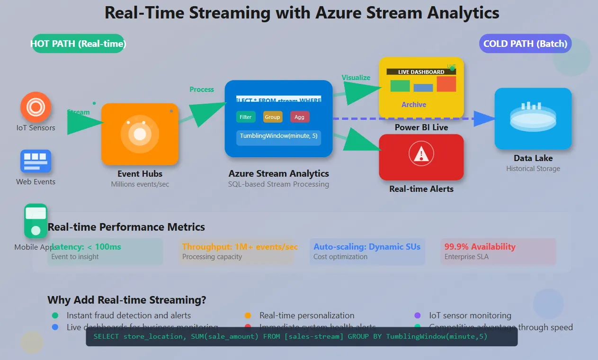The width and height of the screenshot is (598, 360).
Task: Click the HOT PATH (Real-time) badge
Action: pyautogui.click(x=78, y=44)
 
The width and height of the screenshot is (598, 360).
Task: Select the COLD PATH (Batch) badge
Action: pyautogui.click(x=525, y=44)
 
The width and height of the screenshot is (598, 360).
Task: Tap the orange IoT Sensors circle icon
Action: pyautogui.click(x=36, y=107)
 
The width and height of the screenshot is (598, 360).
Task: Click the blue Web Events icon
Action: pyautogui.click(x=36, y=161)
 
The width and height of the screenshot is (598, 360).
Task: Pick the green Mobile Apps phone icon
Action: pyautogui.click(x=36, y=221)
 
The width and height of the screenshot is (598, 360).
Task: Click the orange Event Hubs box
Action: pyautogui.click(x=140, y=134)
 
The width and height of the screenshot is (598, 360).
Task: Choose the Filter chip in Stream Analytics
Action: pyautogui.click(x=246, y=117)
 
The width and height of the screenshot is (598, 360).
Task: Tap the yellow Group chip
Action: pyautogui.click(x=273, y=117)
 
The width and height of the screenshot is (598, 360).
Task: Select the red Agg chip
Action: pyautogui.click(x=300, y=117)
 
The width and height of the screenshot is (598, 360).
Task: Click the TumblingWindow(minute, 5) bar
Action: pyautogui.click(x=278, y=136)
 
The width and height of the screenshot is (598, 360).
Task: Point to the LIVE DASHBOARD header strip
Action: pyautogui.click(x=421, y=72)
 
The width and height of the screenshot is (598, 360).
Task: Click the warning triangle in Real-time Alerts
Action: pyautogui.click(x=421, y=154)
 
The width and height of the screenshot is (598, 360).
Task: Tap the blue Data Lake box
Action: pyautogui.click(x=533, y=118)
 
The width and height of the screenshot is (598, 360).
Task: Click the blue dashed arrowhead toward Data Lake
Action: pyautogui.click(x=484, y=118)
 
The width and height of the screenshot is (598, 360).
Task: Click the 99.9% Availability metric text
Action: pyautogui.click(x=480, y=247)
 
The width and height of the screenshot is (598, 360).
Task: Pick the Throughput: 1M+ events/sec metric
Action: pyautogui.click(x=240, y=247)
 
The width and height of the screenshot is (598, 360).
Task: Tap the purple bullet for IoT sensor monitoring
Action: pyautogui.click(x=417, y=315)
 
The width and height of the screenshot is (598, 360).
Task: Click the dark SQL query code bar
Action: pyautogui.click(x=302, y=337)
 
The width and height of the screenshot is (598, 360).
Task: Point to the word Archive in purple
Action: pyautogui.click(x=414, y=105)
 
